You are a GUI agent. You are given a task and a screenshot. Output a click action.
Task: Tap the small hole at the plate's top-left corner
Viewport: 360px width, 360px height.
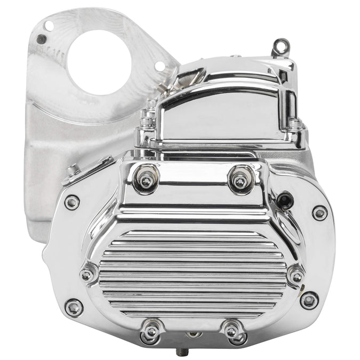point(49,25)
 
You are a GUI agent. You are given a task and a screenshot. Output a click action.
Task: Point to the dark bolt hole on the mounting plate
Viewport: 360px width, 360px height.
point(41,39)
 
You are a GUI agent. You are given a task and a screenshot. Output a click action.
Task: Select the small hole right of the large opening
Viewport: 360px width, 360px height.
point(159,66)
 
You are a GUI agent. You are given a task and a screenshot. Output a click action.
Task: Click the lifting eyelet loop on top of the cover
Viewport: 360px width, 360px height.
point(278,47)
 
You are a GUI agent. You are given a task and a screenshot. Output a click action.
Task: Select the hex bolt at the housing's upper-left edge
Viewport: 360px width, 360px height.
point(72,203)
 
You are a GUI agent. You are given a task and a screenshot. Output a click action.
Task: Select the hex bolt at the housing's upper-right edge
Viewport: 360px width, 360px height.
point(319,213)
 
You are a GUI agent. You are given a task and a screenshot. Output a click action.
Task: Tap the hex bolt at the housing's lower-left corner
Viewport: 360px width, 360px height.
point(74,307)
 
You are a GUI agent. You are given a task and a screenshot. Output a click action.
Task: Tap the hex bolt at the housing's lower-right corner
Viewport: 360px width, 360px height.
point(309,300)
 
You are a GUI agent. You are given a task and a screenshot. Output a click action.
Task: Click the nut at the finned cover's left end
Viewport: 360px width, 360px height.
point(87,275)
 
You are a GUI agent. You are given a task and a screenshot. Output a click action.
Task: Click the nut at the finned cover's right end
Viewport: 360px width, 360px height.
point(296,277)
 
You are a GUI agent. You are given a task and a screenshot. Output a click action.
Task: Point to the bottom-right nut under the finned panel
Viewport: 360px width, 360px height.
point(232,331)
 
